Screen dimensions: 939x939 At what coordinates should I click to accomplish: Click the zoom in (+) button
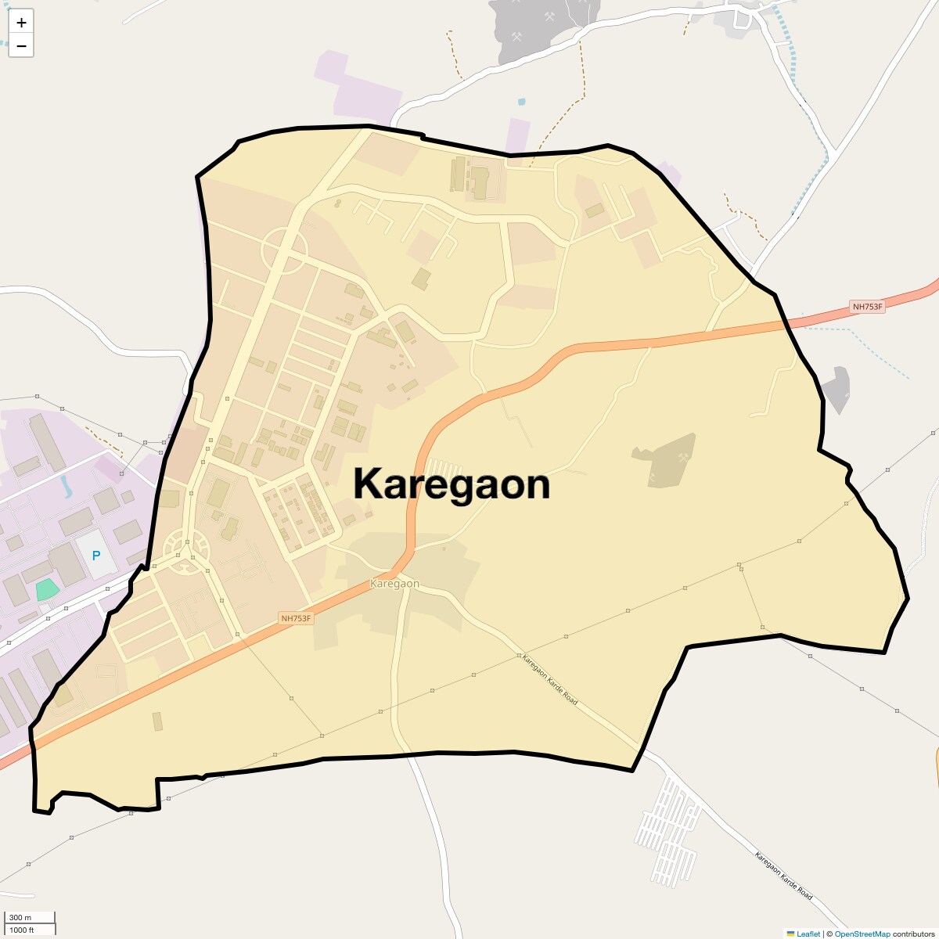[21, 23]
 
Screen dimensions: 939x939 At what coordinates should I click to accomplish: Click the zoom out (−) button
[21, 46]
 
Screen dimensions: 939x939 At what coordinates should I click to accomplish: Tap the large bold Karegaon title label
[452, 484]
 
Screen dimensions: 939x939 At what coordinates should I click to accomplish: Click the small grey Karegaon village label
[394, 584]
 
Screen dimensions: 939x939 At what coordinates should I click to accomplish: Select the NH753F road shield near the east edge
[867, 307]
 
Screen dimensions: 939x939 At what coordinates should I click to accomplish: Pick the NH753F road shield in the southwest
[297, 618]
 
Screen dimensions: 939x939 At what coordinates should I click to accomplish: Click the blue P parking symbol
[96, 556]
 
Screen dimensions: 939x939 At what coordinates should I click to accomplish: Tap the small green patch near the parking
[47, 588]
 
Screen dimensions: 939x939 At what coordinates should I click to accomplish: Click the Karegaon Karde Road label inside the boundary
[549, 679]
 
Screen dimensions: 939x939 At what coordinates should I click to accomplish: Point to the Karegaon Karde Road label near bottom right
[783, 875]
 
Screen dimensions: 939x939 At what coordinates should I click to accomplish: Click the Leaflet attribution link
[808, 934]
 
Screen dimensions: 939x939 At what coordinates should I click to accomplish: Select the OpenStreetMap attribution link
[862, 934]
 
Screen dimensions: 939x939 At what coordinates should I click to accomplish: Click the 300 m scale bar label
[20, 917]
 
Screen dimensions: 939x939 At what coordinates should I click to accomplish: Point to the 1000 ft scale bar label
[22, 930]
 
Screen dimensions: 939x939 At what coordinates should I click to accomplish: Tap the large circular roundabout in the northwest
[284, 250]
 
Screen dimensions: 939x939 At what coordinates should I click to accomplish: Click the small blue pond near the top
[521, 102]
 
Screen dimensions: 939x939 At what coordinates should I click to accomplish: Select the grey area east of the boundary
[836, 389]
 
